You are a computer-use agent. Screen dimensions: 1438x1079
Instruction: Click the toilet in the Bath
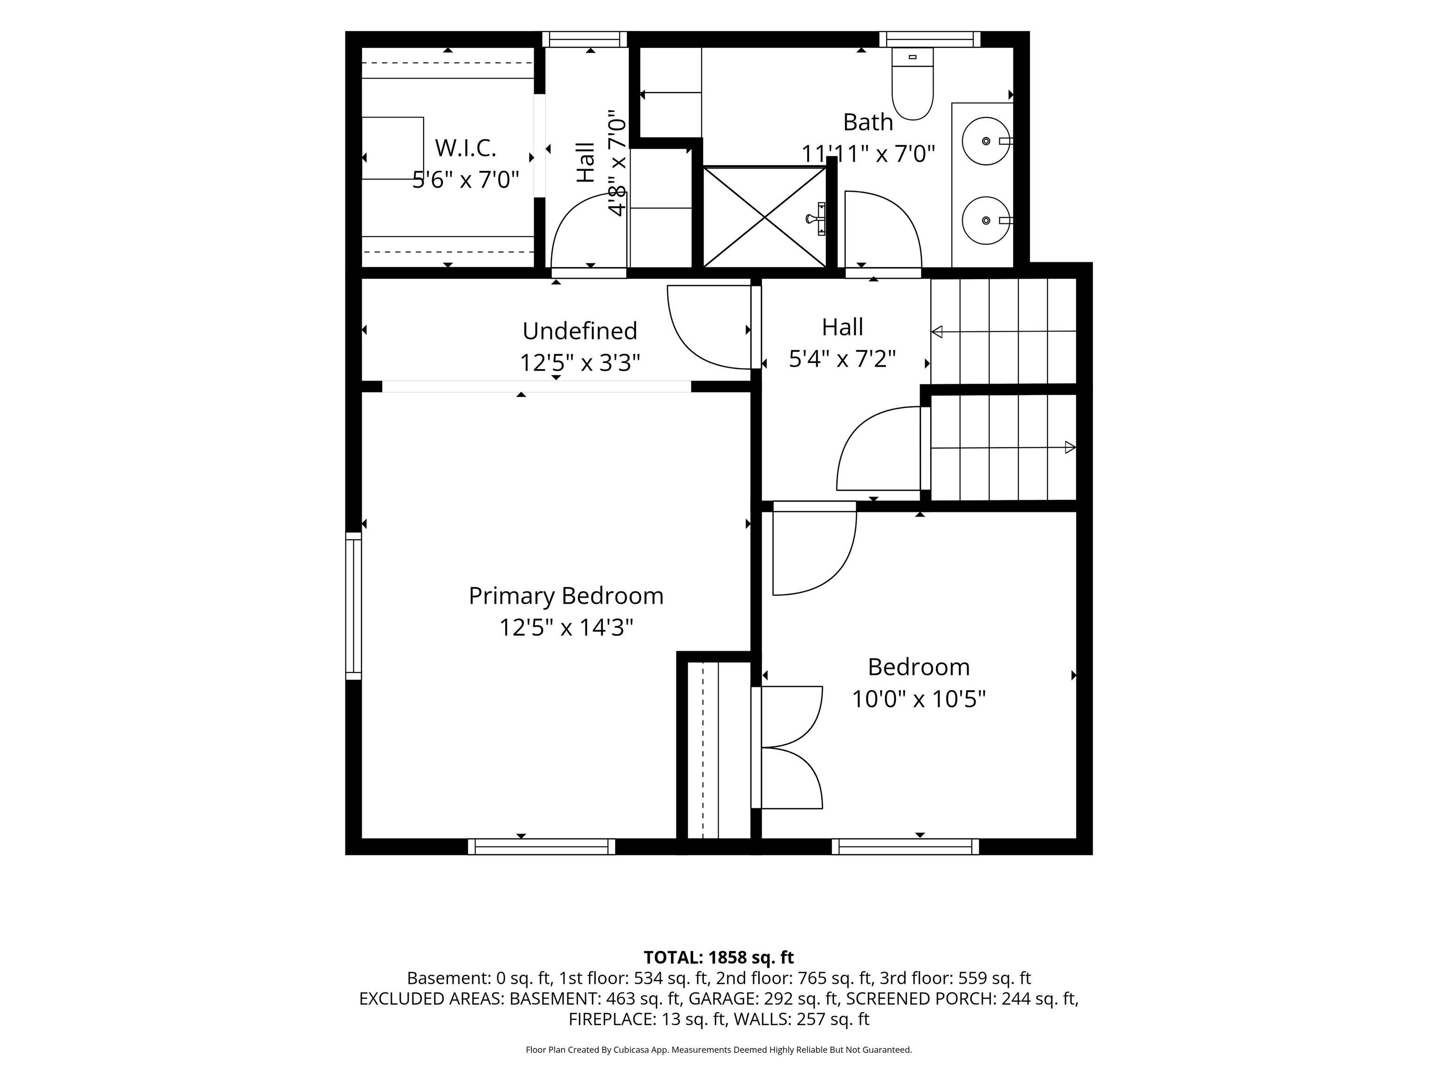pyautogui.click(x=913, y=83)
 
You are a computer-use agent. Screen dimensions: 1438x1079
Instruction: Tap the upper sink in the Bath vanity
pyautogui.click(x=986, y=141)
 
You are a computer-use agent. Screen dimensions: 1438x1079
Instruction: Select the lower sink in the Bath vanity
pyautogui.click(x=986, y=221)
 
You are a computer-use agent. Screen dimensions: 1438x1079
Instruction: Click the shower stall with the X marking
pyautogui.click(x=764, y=216)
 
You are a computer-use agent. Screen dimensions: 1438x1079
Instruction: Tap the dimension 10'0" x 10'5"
pyautogui.click(x=918, y=699)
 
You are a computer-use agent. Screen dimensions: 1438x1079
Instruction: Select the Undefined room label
pyautogui.click(x=580, y=331)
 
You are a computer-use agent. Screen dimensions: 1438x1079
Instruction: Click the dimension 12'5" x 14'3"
pyautogui.click(x=566, y=628)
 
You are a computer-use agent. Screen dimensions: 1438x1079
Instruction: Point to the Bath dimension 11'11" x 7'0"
pyautogui.click(x=868, y=154)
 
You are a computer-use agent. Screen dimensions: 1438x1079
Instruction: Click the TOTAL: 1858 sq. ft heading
pyautogui.click(x=719, y=957)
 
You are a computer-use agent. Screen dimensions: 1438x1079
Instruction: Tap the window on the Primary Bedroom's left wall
pyautogui.click(x=353, y=606)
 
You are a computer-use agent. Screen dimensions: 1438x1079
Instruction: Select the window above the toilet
pyautogui.click(x=930, y=39)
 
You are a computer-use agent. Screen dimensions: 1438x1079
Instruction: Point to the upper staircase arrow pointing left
pyautogui.click(x=1004, y=332)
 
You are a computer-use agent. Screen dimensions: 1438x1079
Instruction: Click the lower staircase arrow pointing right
pyautogui.click(x=1004, y=447)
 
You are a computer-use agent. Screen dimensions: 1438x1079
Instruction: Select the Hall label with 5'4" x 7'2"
pyautogui.click(x=843, y=343)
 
